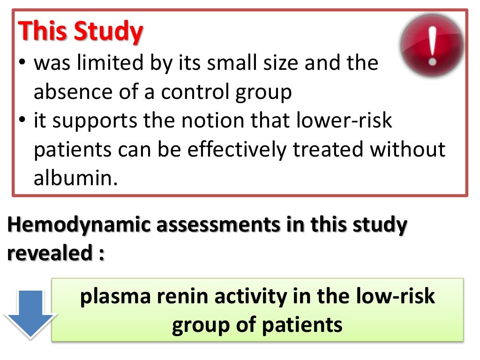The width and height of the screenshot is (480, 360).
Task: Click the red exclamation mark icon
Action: pos(432,45)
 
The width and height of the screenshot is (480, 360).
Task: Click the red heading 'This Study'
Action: pos(81,31)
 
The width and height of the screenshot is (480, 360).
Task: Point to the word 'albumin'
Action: pos(73,179)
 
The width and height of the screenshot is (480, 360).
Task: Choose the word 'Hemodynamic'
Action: pos(79,225)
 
